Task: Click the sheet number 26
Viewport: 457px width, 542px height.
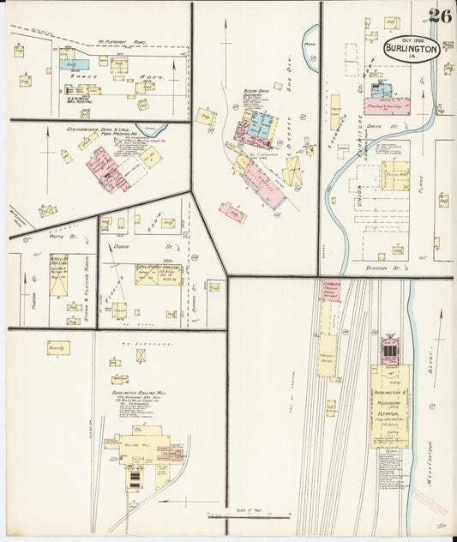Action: (440, 15)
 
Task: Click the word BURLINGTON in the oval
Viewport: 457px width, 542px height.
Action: (412, 49)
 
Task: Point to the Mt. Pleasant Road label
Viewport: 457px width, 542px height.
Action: (122, 40)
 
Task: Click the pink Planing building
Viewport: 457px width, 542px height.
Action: (387, 106)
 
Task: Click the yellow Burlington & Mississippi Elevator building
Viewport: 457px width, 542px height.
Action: (390, 403)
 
